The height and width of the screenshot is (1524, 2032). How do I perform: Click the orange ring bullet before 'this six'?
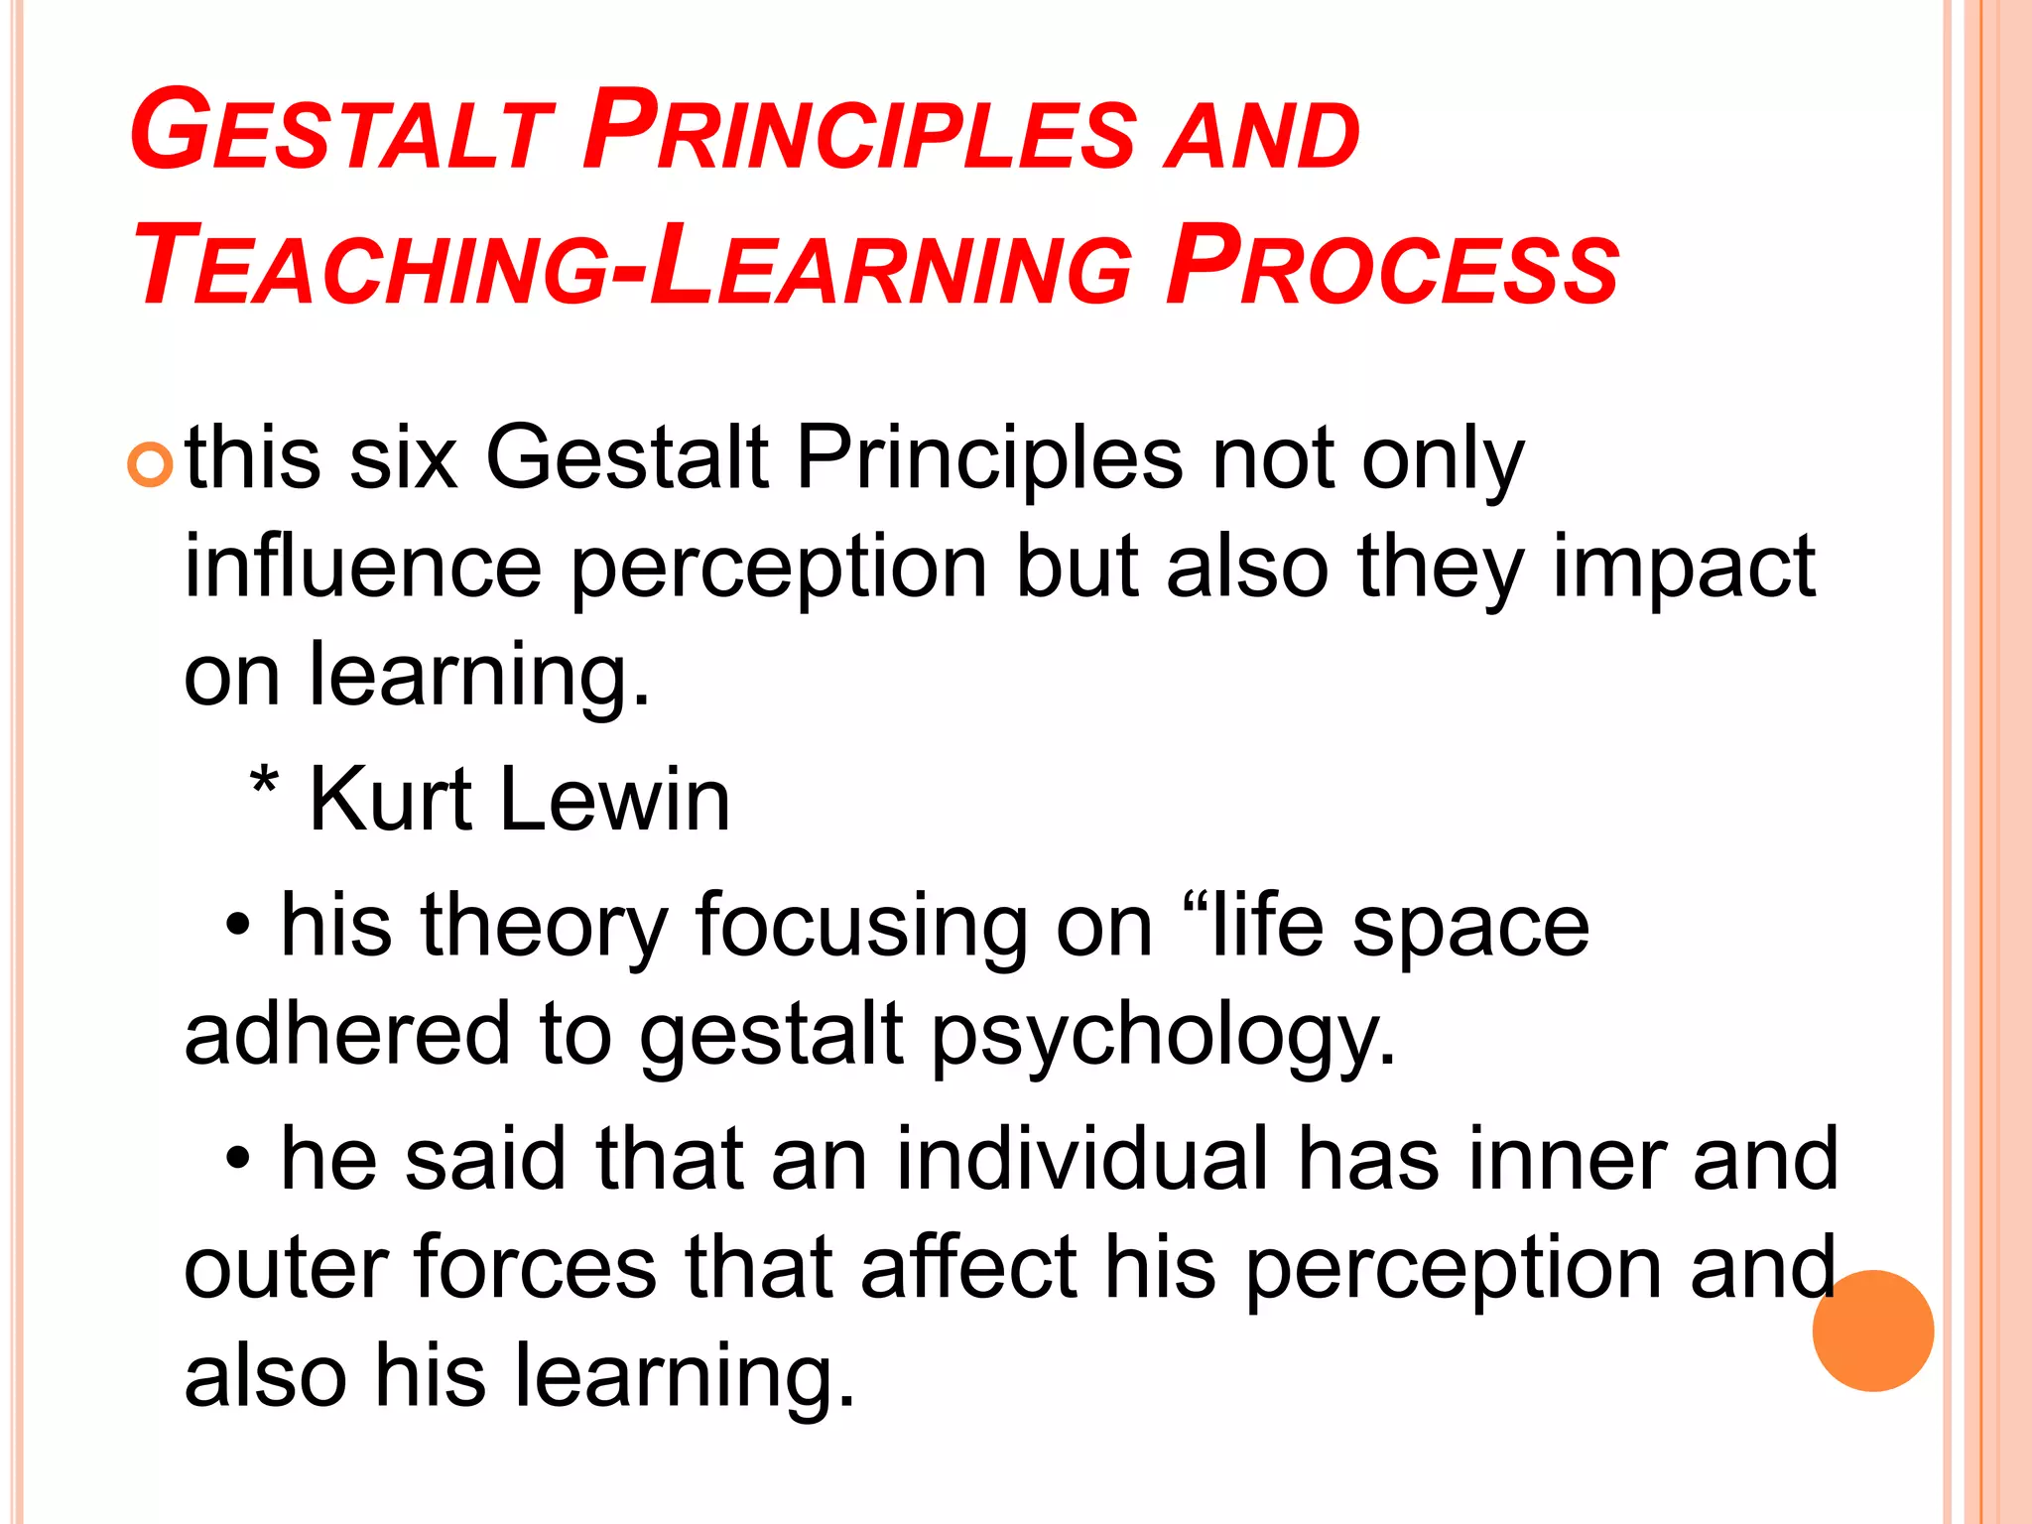151,464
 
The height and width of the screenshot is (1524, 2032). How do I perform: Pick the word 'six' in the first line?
404,458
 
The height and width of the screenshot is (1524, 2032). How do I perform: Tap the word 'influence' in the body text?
363,567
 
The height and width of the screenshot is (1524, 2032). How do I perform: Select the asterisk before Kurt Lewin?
264,789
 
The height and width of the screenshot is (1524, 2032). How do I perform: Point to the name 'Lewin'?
615,800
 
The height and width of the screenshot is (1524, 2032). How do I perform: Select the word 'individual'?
1082,1158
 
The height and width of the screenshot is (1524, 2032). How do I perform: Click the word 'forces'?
536,1267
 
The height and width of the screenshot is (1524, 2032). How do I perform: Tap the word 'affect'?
968,1267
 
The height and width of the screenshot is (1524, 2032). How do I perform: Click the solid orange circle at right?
1872,1331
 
